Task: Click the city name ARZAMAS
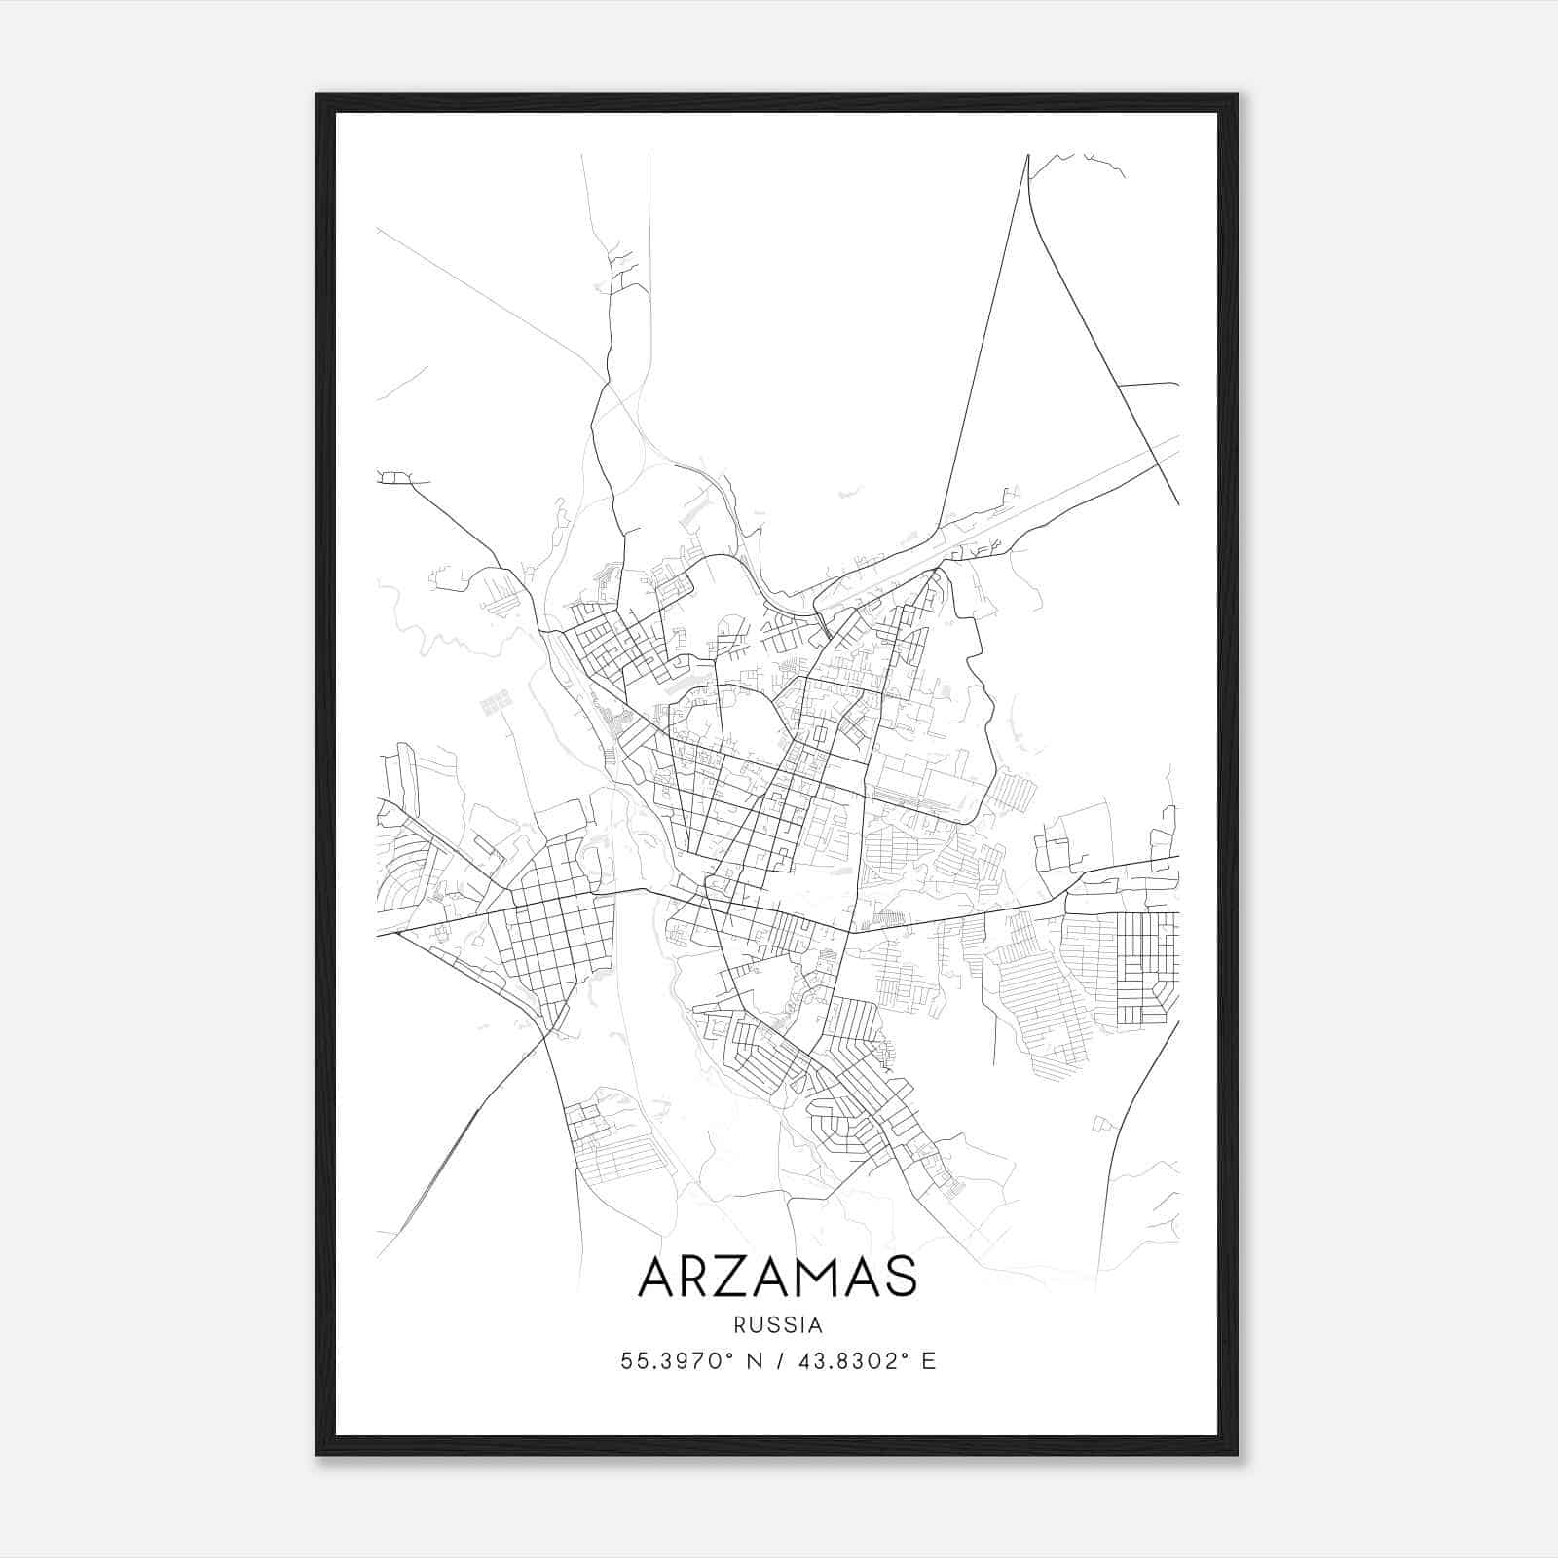point(777,1277)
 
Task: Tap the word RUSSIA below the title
point(777,1325)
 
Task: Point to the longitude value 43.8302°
point(845,1361)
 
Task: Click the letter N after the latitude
point(754,1361)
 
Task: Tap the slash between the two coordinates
point(778,1361)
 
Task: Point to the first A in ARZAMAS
point(657,1277)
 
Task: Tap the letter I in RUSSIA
point(803,1325)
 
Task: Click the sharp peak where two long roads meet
point(1027,156)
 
